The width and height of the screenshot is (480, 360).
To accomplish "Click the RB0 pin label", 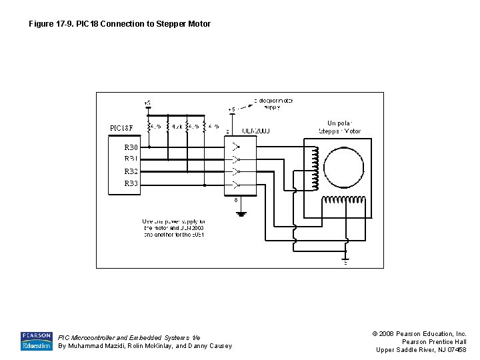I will pos(131,147).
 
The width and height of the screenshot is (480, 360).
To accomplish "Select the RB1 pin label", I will pos(131,159).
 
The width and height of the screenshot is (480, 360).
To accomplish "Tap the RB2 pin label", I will pos(131,171).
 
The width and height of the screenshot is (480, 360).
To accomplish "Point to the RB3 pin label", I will pos(131,183).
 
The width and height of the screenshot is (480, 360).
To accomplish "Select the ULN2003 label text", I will pos(255,131).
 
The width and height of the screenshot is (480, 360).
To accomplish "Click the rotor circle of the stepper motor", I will pos(343,165).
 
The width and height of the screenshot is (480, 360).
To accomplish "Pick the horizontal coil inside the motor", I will pos(344,200).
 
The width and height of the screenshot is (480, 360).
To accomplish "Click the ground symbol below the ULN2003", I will pos(241,213).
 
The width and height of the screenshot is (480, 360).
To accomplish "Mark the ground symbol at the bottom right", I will pos(345,261).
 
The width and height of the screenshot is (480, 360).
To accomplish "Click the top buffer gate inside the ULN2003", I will pos(233,147).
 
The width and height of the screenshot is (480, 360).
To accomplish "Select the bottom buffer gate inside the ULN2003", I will pos(233,184).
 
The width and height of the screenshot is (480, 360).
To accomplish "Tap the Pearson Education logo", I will pos(36,341).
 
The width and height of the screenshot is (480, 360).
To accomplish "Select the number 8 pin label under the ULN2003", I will pos(235,199).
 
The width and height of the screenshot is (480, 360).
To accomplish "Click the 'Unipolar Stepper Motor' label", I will pos(343,127).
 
